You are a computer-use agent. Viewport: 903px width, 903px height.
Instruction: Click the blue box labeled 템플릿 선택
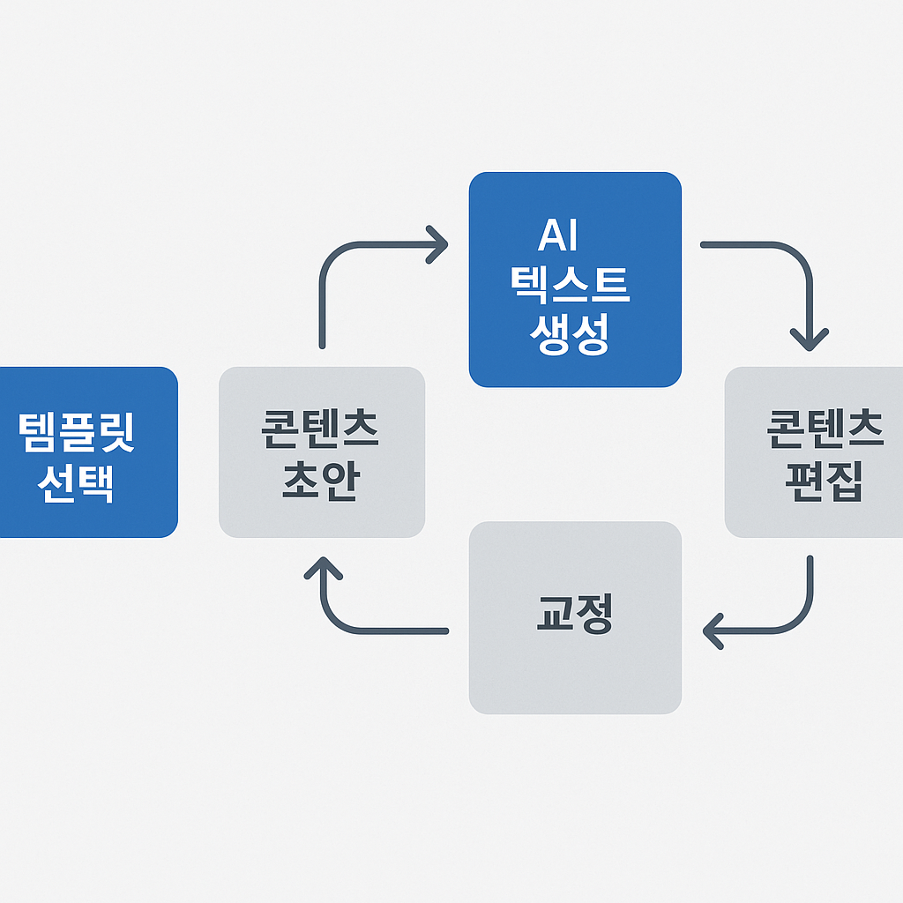click(88, 451)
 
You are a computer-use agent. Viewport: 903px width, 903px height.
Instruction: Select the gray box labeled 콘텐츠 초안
click(322, 451)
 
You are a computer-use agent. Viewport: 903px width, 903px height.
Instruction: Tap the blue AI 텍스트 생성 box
click(575, 280)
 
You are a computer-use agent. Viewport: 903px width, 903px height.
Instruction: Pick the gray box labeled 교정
click(575, 617)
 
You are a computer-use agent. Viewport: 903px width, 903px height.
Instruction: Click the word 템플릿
click(77, 432)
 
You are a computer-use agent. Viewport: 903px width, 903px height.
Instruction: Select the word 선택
click(77, 481)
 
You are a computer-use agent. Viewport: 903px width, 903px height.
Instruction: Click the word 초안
click(319, 480)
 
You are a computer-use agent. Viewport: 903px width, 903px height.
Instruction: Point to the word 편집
click(824, 480)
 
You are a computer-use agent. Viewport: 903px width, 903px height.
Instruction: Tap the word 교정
click(574, 614)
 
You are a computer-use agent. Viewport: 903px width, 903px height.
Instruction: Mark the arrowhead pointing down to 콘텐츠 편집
click(809, 339)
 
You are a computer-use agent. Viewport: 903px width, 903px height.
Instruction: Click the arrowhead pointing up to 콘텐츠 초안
click(322, 568)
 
